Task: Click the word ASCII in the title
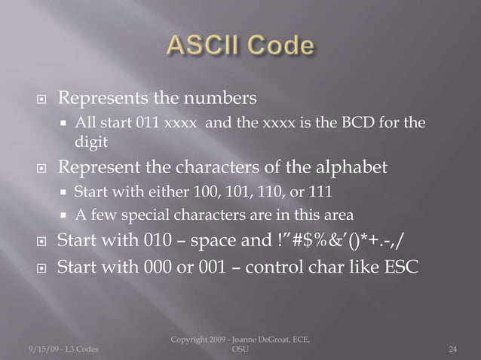tap(201, 46)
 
